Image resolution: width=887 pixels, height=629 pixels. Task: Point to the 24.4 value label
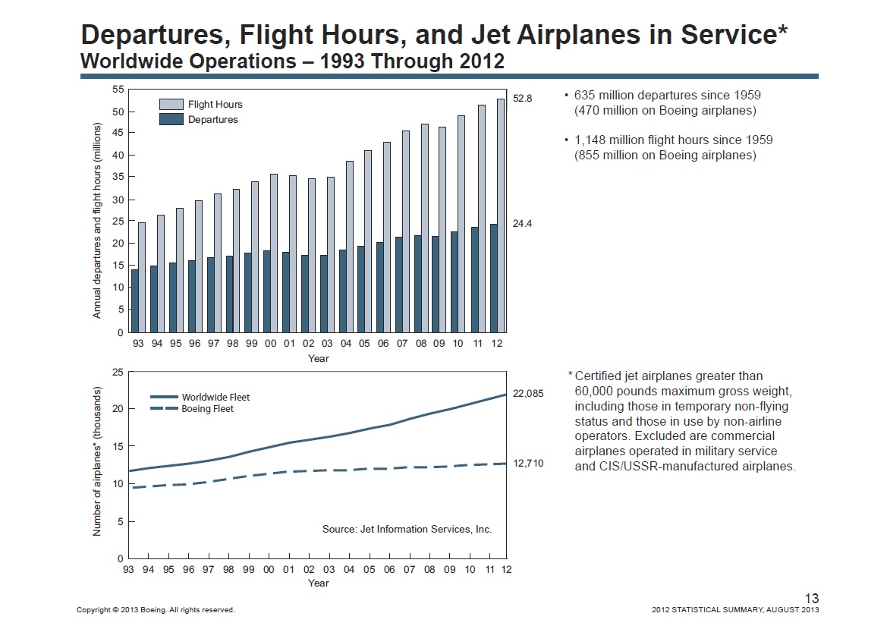pyautogui.click(x=522, y=224)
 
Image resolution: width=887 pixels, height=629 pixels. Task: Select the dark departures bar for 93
pyautogui.click(x=135, y=300)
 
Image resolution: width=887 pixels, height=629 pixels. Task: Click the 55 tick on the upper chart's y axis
pyautogui.click(x=118, y=90)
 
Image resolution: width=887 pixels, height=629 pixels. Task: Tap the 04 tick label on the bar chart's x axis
pyautogui.click(x=345, y=344)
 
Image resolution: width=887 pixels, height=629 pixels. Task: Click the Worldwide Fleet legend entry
pyautogui.click(x=200, y=397)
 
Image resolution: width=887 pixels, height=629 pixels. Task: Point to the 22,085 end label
pyautogui.click(x=529, y=394)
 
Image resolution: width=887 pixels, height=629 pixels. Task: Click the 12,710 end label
pyautogui.click(x=529, y=463)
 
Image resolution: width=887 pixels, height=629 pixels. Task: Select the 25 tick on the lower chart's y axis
pyautogui.click(x=118, y=372)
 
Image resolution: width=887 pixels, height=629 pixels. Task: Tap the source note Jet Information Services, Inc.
pyautogui.click(x=407, y=530)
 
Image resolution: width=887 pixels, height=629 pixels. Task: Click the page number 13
pyautogui.click(x=811, y=599)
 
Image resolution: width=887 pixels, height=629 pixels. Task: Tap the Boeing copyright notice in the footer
pyautogui.click(x=156, y=610)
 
